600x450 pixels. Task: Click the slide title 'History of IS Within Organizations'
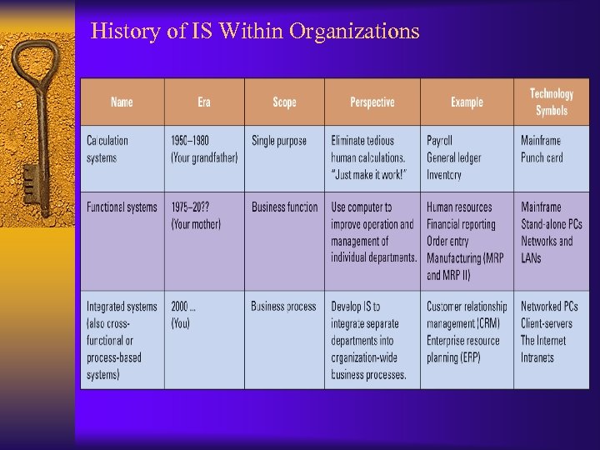pos(255,32)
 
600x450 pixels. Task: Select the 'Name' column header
pos(122,102)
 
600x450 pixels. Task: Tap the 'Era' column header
pos(204,102)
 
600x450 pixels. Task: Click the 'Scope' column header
pos(284,102)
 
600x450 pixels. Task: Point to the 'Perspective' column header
pos(372,102)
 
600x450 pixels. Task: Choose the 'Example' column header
pos(467,102)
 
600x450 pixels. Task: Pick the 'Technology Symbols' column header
pos(551,102)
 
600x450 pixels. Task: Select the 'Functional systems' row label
pos(122,207)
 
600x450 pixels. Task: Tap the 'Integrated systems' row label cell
pos(122,340)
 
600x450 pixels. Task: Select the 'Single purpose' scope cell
pos(279,141)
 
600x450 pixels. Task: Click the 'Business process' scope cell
pos(283,307)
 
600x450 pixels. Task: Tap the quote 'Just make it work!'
pos(368,175)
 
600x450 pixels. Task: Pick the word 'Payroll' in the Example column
pos(440,141)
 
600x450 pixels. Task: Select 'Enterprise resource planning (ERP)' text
pos(463,349)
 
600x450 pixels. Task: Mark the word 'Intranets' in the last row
pos(537,357)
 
